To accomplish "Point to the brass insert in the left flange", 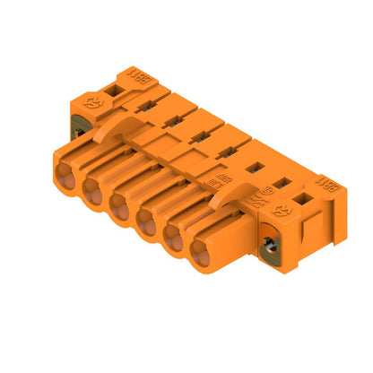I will [76, 132].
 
